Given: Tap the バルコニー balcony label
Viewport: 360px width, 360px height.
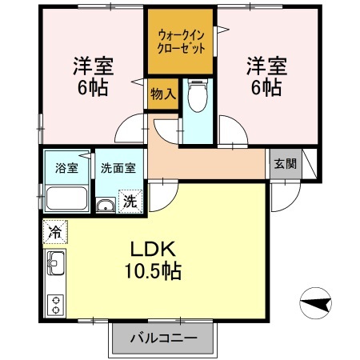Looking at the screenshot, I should click(x=163, y=338).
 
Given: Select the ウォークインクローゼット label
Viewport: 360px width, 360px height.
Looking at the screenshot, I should click(x=180, y=41).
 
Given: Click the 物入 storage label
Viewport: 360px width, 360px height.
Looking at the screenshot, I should click(x=162, y=94).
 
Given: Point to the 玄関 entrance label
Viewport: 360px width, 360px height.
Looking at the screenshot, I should click(x=284, y=164).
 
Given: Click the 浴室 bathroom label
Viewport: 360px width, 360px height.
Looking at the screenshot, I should click(x=66, y=168).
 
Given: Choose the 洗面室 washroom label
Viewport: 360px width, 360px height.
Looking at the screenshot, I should click(x=118, y=168).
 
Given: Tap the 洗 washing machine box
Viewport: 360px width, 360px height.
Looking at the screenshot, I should click(x=130, y=200).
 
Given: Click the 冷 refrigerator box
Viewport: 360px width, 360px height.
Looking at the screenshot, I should click(x=54, y=230).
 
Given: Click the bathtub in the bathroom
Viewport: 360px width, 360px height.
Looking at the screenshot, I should click(x=67, y=198).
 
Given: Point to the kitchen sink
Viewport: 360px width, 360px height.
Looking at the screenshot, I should click(x=55, y=262).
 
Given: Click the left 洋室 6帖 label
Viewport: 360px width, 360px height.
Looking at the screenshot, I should click(x=90, y=75).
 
